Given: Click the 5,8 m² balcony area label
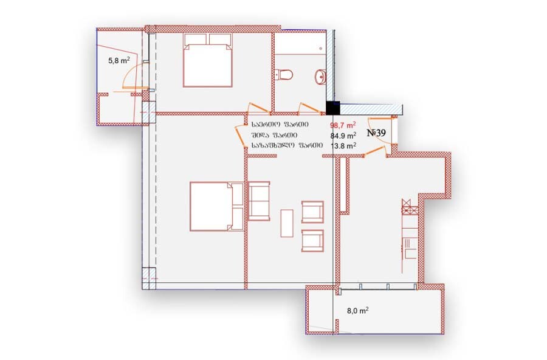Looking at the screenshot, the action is pos(119,60).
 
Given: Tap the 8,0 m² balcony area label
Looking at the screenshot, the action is pos(358,310).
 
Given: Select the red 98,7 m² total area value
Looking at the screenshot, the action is pos(343,125).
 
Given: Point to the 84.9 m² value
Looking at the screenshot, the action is pos(343,135).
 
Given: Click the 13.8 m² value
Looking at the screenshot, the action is pos(343,145).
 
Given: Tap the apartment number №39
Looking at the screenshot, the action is pos(376,133).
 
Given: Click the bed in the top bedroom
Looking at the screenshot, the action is pos(208,60).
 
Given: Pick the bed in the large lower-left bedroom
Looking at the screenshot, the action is pos(216,206).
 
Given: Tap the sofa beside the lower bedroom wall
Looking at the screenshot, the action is pos(258,201).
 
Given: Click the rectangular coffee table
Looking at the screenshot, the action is pos(287,223).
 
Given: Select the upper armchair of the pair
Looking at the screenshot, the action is pos(312,212).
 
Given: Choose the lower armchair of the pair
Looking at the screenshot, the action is pos(312,241).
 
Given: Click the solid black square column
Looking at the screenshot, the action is pos(333,108).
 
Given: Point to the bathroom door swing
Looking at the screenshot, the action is pos(310,108).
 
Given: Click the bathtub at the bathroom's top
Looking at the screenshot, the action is pos(301,43).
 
